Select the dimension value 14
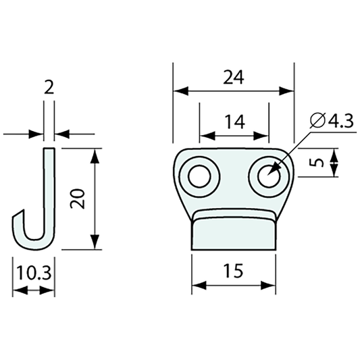234,122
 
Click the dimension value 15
234,270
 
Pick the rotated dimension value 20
79,199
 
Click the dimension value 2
49,86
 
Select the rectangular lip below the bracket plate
234,233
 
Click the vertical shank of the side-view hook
49,189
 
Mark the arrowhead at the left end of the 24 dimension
178,91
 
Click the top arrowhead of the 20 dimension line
95,153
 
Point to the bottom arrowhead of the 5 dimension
336,172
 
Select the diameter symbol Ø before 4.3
317,122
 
